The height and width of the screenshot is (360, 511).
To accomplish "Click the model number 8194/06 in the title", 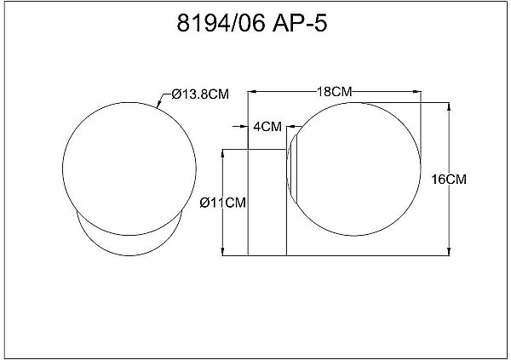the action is click(221, 23).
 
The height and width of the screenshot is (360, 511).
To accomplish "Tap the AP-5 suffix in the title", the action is click(300, 23).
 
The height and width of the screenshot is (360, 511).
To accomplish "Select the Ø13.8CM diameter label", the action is click(200, 94).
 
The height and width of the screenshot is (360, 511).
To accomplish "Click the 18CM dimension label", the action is click(335, 92).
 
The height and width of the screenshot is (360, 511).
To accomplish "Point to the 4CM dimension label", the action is click(267, 127).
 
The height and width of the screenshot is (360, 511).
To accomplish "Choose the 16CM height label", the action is click(449, 180).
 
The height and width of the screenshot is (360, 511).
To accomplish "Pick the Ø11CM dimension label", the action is click(223, 203).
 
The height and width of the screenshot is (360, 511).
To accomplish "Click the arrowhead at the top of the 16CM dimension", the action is click(449, 107).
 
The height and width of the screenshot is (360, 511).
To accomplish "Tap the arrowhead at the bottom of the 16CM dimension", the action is click(449, 251).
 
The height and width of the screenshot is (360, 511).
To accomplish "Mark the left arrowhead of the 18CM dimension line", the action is click(252, 92).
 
